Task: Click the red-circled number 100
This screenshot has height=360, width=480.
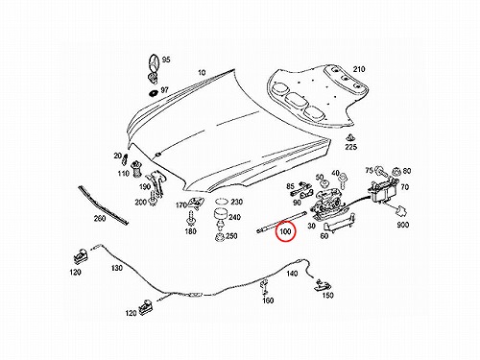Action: tap(285, 230)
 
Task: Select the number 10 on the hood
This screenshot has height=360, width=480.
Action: tap(202, 73)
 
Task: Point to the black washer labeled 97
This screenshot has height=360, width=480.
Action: tap(154, 93)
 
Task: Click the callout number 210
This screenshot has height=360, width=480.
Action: tap(359, 69)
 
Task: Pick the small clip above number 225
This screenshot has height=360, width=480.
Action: tap(349, 137)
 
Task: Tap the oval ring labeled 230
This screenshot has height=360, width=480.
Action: tap(222, 202)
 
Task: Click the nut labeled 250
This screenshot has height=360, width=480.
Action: tap(220, 238)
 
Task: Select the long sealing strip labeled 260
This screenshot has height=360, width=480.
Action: tap(103, 204)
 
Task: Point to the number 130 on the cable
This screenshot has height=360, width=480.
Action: tap(117, 267)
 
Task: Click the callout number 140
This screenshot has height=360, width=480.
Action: tap(292, 274)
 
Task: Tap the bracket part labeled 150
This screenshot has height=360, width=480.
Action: tap(323, 285)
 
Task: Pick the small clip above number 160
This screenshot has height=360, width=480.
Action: tap(265, 286)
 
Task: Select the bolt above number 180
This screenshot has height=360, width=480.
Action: tap(190, 219)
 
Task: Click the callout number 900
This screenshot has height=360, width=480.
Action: tap(402, 225)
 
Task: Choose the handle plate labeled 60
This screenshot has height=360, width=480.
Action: tap(338, 224)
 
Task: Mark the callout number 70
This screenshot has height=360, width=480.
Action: tap(405, 187)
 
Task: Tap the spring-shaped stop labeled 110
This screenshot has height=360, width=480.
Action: tap(137, 168)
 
